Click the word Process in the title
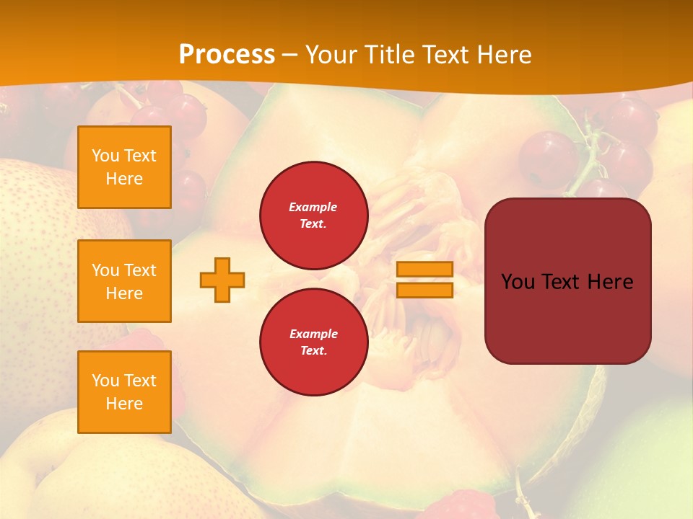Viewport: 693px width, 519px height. (227, 54)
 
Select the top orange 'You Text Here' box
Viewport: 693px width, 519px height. (124, 167)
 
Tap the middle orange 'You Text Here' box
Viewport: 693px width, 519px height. (124, 281)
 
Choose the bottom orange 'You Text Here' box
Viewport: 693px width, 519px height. (124, 392)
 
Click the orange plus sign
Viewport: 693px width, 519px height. (222, 280)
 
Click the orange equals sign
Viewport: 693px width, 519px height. (424, 280)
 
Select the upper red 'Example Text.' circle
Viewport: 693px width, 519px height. (313, 215)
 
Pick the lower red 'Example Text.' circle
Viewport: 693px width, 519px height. (313, 342)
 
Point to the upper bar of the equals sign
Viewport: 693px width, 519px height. (424, 270)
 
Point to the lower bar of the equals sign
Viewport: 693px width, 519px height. (424, 290)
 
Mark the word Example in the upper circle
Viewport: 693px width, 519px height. (313, 207)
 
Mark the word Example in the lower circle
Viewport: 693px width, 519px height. (313, 334)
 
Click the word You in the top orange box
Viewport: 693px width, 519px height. (105, 156)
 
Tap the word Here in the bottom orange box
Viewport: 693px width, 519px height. (124, 404)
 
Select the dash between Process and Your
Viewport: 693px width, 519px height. (290, 55)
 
